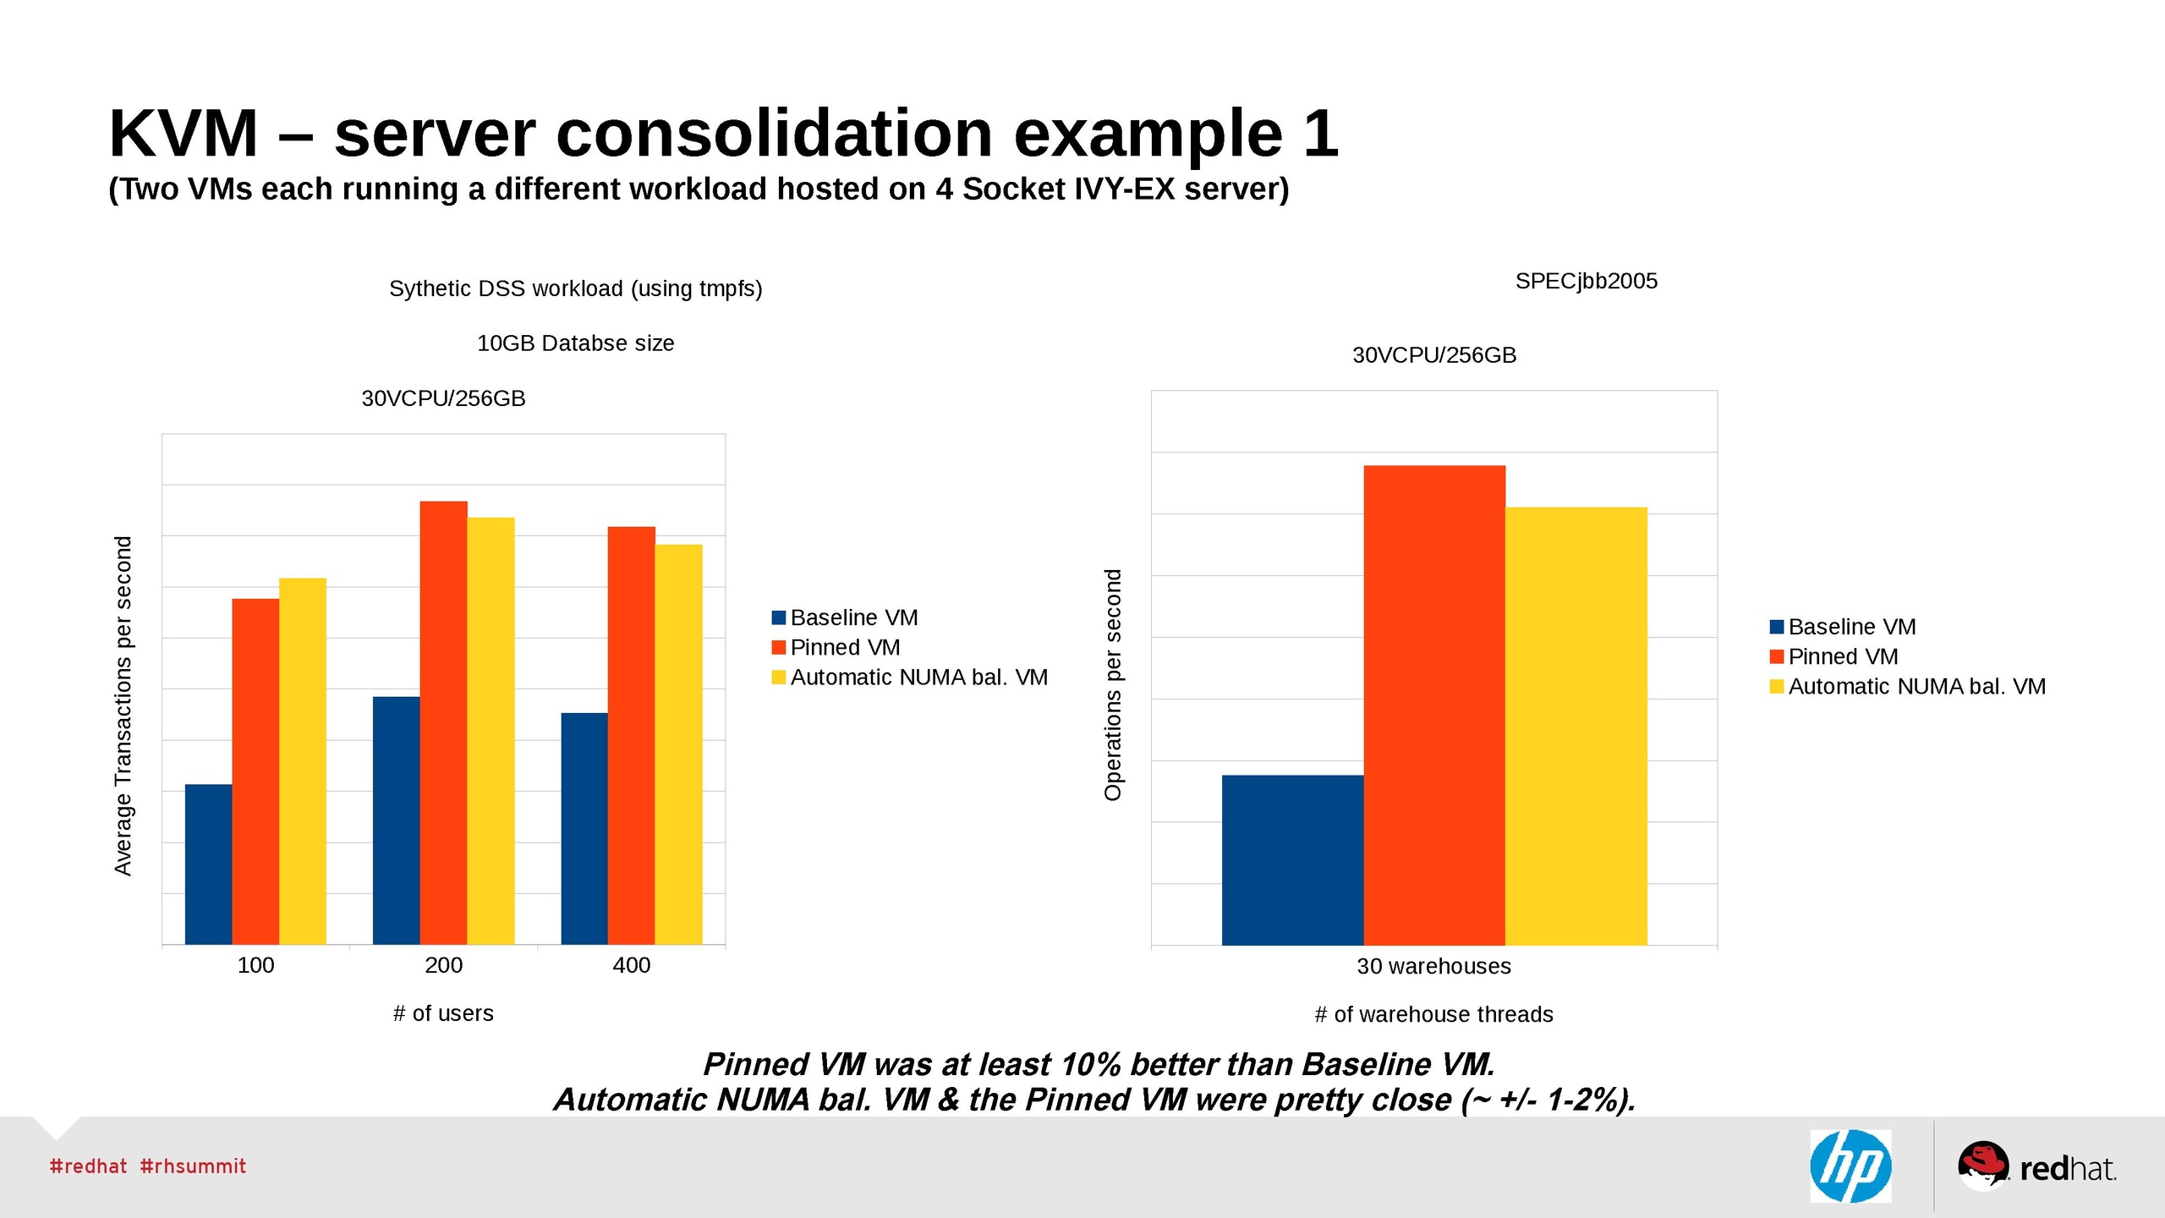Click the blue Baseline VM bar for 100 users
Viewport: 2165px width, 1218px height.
coord(208,864)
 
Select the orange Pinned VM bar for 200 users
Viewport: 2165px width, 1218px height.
coord(443,722)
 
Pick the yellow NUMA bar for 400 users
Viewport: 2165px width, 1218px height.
coord(678,743)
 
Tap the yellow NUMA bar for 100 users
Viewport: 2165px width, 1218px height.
coord(303,760)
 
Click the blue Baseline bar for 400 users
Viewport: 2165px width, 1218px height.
coord(584,828)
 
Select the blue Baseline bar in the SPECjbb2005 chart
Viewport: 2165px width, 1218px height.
coord(1292,859)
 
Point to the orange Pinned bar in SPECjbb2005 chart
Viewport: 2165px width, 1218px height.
coord(1434,705)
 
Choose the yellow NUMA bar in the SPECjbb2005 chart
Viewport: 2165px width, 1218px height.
coord(1576,726)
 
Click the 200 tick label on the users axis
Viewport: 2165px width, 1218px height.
coord(443,965)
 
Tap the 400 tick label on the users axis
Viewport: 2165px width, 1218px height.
coord(631,965)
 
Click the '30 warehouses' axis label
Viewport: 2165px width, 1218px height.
coord(1433,966)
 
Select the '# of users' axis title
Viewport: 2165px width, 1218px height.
coord(443,1013)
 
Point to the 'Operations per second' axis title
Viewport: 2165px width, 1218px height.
coord(1113,684)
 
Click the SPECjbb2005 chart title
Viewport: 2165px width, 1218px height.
coord(1586,281)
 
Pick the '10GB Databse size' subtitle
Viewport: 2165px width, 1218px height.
coord(575,343)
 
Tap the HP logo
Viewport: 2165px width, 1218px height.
coord(1850,1166)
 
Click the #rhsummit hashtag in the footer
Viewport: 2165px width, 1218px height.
coord(193,1166)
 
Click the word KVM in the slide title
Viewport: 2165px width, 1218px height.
coord(183,134)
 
